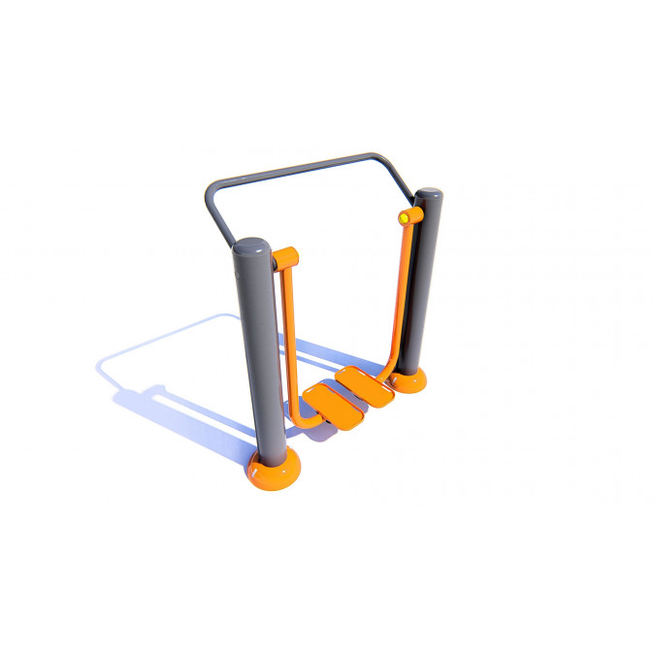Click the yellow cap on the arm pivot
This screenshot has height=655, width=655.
(x=403, y=218)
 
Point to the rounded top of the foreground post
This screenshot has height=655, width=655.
(x=252, y=246)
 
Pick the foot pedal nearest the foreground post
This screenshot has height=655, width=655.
(x=330, y=402)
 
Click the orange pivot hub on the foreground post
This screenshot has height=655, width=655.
(x=284, y=258)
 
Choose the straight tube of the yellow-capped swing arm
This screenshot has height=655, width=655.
(x=399, y=291)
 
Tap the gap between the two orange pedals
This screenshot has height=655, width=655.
(x=350, y=393)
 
